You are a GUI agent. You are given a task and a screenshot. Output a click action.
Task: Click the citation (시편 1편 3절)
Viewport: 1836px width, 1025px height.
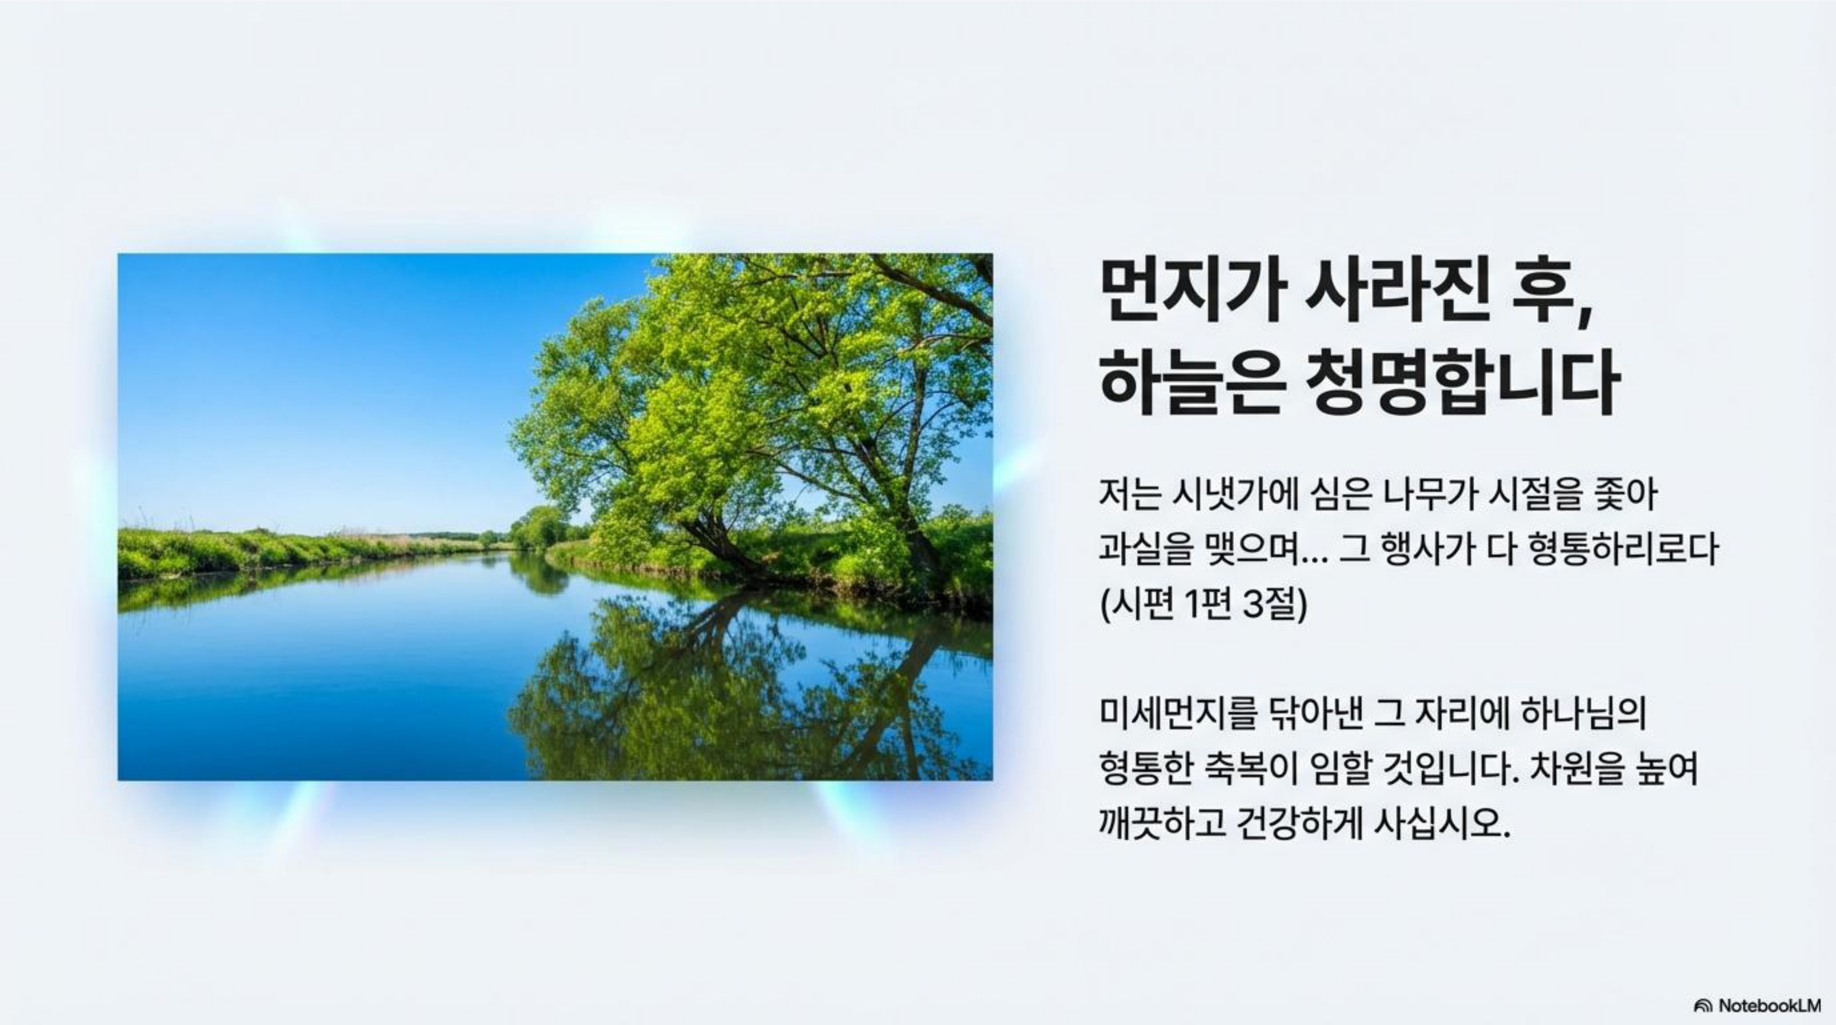point(1204,605)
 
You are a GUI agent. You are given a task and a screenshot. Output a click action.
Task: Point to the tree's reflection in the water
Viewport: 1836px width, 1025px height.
point(748,684)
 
